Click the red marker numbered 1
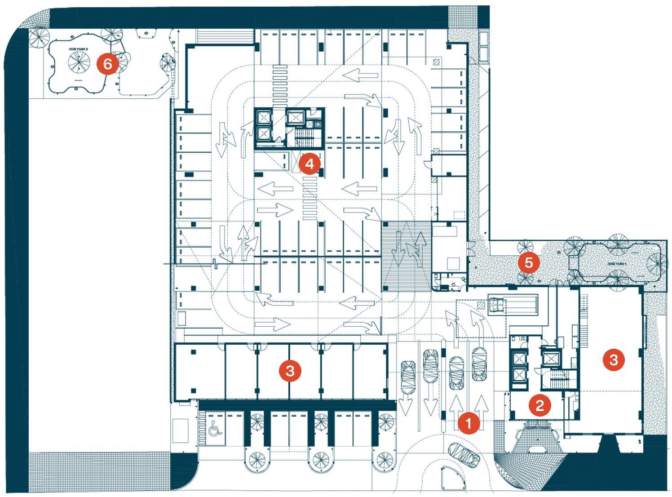(x=469, y=423)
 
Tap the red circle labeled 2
(x=539, y=405)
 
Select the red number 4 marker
(x=310, y=164)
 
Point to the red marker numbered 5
(x=528, y=263)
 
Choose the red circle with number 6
(x=108, y=64)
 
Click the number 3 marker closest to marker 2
(x=613, y=359)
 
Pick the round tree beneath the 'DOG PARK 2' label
(x=79, y=63)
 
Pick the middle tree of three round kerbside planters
(x=321, y=459)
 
